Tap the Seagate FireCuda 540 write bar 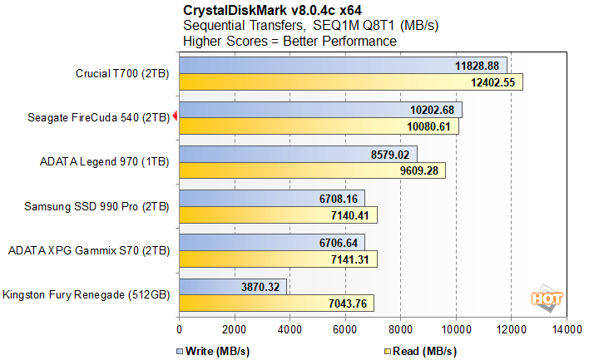(x=320, y=110)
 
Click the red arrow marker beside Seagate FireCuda (x=175, y=118)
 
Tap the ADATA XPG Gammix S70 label (x=88, y=250)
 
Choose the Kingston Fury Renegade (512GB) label (x=86, y=294)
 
